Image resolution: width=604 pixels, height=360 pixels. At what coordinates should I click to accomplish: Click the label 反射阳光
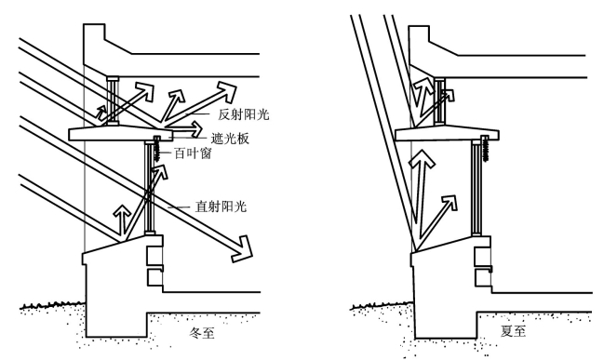click(244, 114)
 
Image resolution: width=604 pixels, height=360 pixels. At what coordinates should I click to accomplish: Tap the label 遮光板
click(230, 139)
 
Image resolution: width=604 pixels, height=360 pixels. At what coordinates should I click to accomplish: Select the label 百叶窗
click(194, 153)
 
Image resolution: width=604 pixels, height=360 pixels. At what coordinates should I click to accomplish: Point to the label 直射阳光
click(221, 207)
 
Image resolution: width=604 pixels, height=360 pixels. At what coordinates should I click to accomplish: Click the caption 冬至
click(202, 333)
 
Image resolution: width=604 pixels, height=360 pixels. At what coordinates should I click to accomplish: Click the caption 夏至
click(513, 331)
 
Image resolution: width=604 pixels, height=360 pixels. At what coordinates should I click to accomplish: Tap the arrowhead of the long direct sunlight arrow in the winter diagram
click(243, 249)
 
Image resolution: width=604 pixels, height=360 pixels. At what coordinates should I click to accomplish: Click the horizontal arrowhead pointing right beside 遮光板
click(195, 129)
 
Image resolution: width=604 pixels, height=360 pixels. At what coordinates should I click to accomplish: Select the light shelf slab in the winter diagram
click(121, 133)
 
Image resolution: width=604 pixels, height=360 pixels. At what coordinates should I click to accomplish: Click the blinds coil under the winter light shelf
click(158, 150)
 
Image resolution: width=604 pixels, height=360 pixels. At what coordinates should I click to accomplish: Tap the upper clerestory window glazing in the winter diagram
click(113, 100)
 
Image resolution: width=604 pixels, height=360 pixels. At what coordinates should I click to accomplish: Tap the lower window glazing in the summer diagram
click(477, 188)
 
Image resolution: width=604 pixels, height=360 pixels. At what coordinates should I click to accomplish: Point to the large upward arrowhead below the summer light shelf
click(423, 161)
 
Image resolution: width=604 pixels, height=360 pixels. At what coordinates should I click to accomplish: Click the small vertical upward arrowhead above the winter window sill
click(123, 210)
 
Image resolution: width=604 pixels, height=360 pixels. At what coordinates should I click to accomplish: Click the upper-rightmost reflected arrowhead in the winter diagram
click(227, 92)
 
